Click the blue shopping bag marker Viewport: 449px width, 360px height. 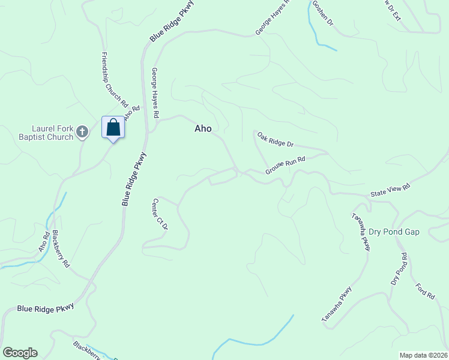coord(113,128)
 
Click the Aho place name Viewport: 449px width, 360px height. coord(203,128)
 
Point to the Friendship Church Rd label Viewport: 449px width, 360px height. coord(115,78)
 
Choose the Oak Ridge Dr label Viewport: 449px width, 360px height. coord(276,140)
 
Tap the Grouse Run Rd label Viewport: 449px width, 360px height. coord(286,166)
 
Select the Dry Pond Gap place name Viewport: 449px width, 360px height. coord(394,231)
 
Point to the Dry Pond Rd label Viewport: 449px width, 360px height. coord(399,269)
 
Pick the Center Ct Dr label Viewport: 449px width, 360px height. coord(160,214)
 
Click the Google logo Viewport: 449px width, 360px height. coord(20,353)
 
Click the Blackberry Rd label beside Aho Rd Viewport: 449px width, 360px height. coord(61,249)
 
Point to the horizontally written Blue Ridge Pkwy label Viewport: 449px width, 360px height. coord(46,307)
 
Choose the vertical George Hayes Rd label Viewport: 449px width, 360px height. coord(155,92)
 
